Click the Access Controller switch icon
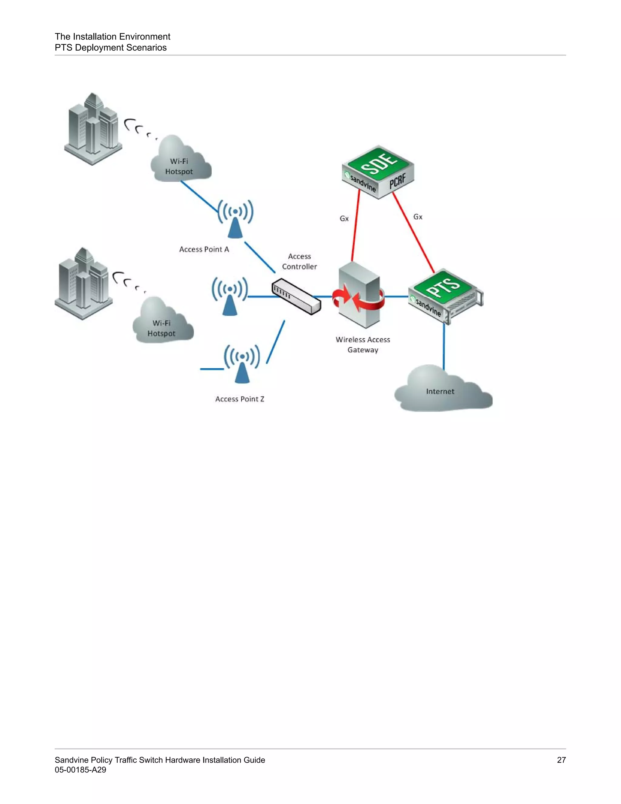(296, 296)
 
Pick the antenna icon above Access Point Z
(242, 363)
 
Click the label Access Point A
(204, 249)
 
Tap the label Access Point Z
(240, 399)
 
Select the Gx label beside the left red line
(344, 219)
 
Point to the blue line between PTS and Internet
(444, 346)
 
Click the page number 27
(561, 760)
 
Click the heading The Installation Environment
(112, 36)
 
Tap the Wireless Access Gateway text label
(363, 345)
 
